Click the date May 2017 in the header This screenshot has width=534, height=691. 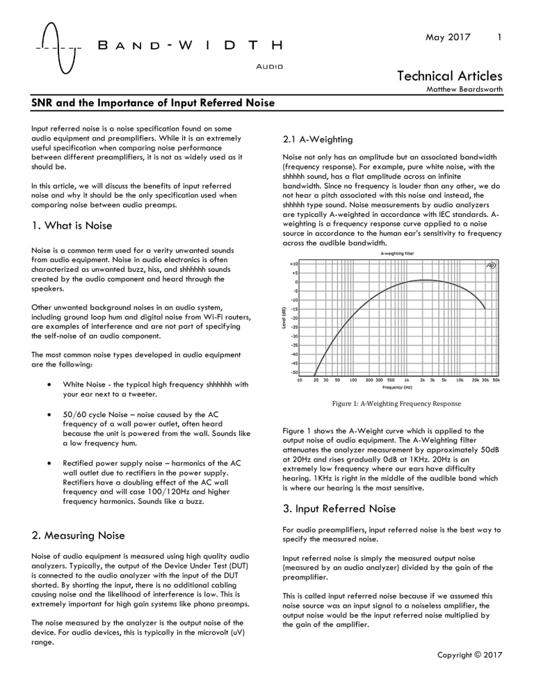point(448,34)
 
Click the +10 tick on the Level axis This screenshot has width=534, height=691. point(293,264)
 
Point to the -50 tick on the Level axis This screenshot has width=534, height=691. point(293,372)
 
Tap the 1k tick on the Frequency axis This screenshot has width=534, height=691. point(406,380)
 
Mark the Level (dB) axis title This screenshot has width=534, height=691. point(281,318)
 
